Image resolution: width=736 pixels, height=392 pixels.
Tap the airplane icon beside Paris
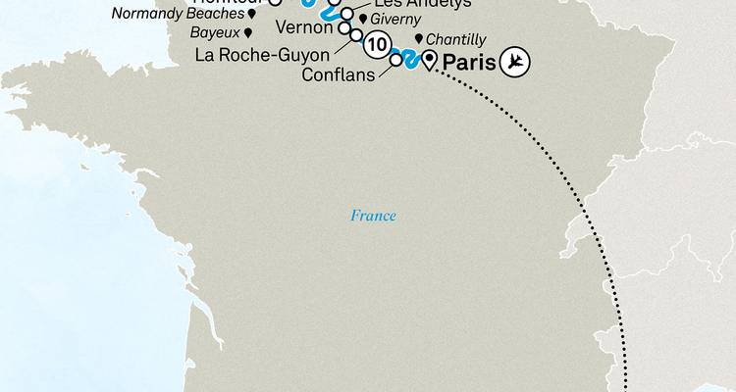(x=513, y=63)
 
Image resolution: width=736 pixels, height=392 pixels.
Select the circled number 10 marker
(x=376, y=43)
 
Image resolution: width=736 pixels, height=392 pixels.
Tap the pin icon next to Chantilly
(x=419, y=38)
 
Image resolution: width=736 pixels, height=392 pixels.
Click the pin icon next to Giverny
(x=363, y=20)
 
